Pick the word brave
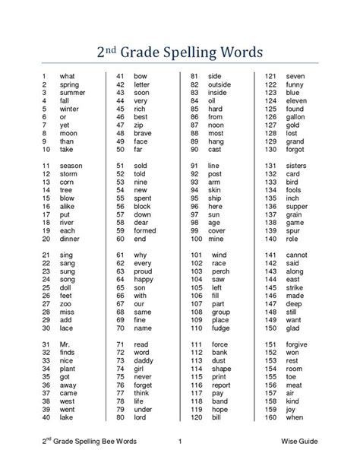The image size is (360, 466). click(142, 132)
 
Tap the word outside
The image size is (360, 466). click(219, 85)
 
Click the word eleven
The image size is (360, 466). click(295, 102)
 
